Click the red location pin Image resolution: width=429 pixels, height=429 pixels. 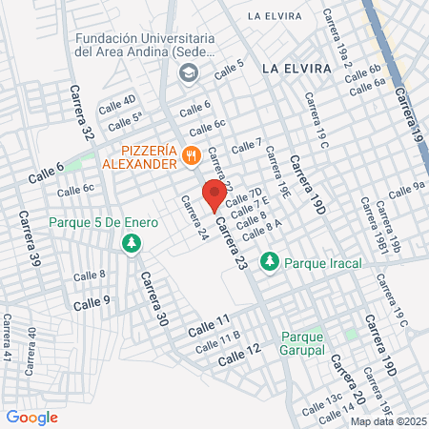tap(214, 194)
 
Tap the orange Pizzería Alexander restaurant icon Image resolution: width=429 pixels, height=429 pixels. tap(191, 154)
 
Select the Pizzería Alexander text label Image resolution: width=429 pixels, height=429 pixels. tap(148, 154)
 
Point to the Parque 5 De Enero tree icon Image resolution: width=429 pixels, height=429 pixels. tap(130, 245)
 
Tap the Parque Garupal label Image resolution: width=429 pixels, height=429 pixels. tap(303, 342)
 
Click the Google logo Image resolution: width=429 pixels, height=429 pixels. tap(32, 417)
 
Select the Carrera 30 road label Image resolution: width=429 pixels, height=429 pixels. tap(153, 299)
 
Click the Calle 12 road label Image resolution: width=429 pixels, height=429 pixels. tap(239, 356)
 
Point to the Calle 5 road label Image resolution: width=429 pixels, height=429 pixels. tap(229, 69)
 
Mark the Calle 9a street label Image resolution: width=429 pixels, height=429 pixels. tap(405, 188)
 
